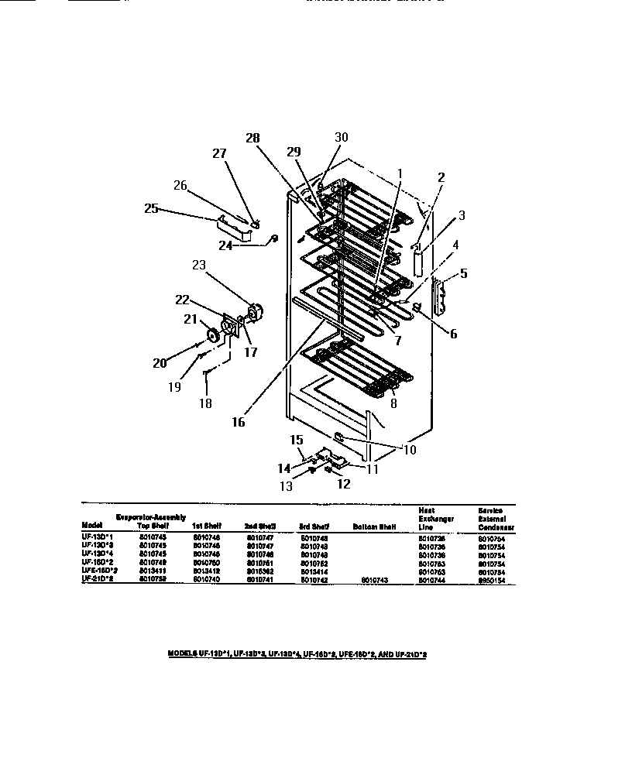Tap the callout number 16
click(238, 422)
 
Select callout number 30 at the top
click(342, 137)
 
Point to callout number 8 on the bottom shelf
click(393, 402)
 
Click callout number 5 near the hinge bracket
click(464, 273)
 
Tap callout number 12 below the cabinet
click(343, 485)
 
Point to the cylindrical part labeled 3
click(421, 262)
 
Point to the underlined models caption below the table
click(298, 654)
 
